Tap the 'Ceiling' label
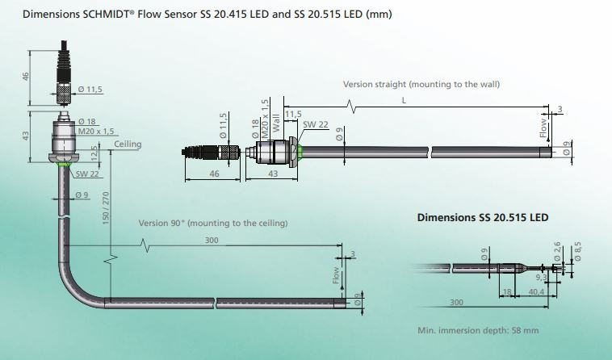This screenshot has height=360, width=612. pyautogui.click(x=128, y=144)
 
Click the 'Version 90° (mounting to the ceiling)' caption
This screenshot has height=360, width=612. pyautogui.click(x=213, y=223)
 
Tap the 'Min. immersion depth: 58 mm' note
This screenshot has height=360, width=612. pyautogui.click(x=478, y=331)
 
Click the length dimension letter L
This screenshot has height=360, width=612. pyautogui.click(x=403, y=100)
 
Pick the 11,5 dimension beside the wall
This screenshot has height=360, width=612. pyautogui.click(x=292, y=114)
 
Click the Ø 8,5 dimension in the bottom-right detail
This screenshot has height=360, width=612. pyautogui.click(x=577, y=252)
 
